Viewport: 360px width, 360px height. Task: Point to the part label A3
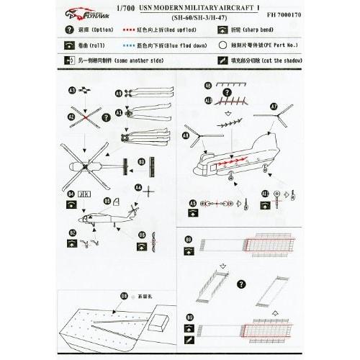[73, 91]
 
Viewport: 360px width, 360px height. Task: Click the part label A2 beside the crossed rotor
[71, 115]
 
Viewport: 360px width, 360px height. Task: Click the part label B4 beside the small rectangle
[71, 194]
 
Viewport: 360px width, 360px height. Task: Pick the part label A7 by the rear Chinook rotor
[274, 106]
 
